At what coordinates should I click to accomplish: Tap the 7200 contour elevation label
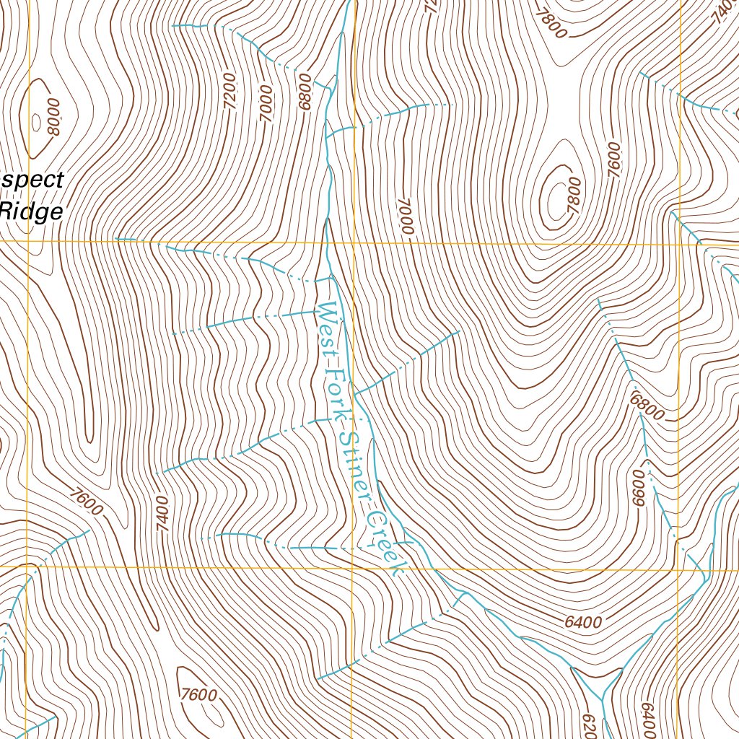pyautogui.click(x=230, y=90)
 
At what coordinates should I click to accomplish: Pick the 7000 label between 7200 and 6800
pyautogui.click(x=266, y=102)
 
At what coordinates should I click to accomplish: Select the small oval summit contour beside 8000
pyautogui.click(x=36, y=121)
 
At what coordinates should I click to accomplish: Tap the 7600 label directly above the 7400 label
pyautogui.click(x=87, y=502)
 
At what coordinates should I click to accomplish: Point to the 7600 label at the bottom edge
pyautogui.click(x=199, y=695)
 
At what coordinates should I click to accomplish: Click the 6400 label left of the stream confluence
pyautogui.click(x=584, y=621)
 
